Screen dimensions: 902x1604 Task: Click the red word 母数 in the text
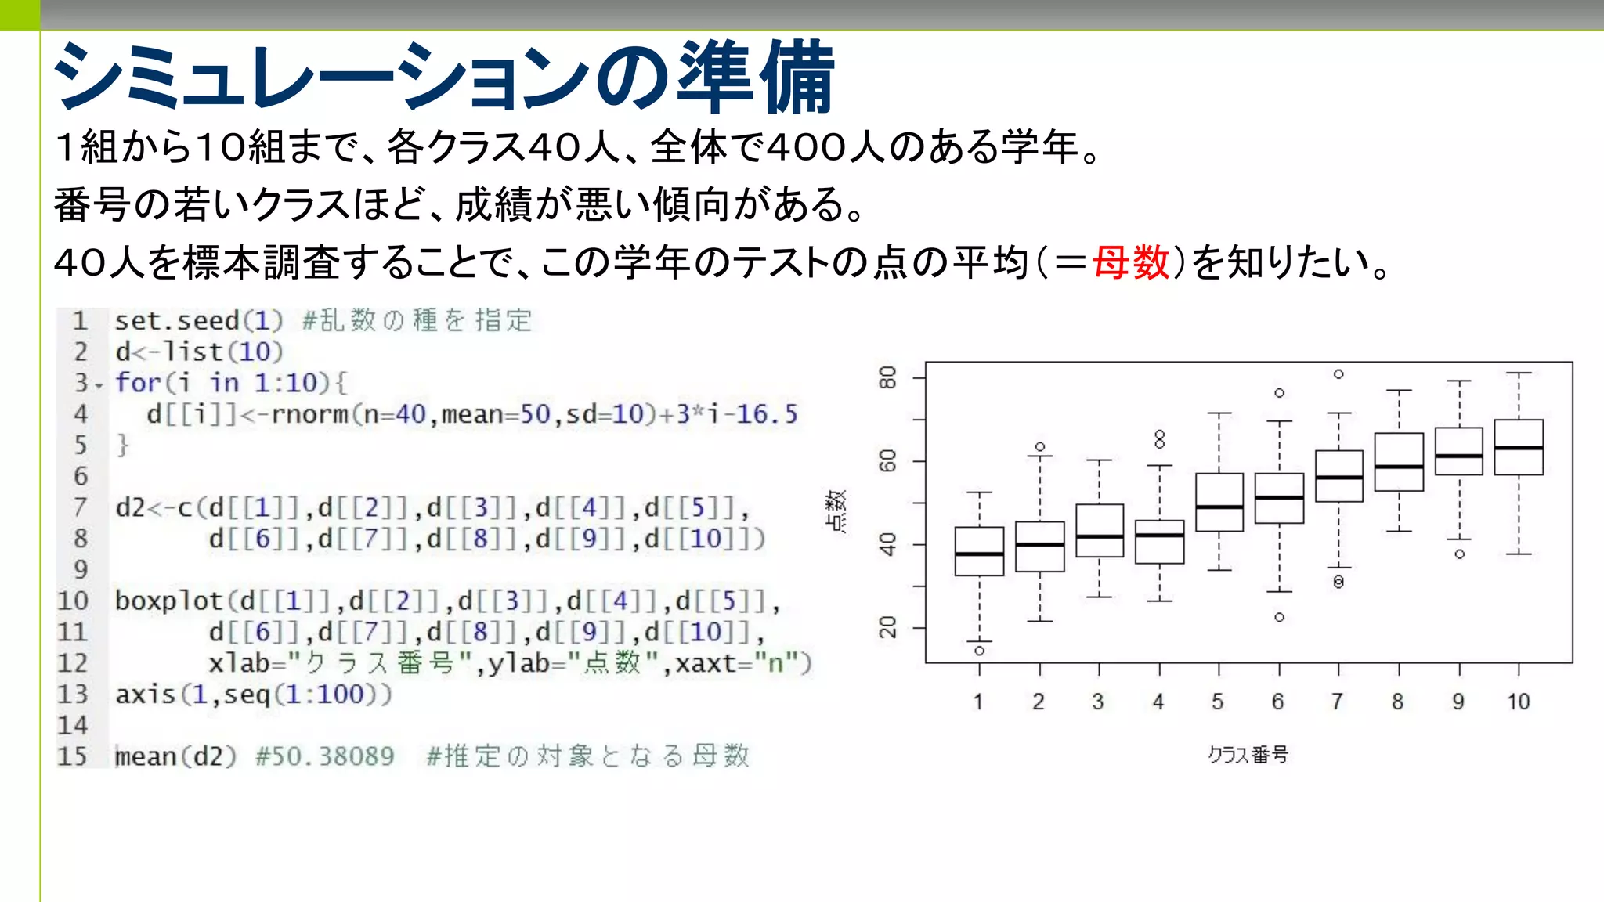pos(1131,262)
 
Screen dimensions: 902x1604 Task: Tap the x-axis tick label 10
pos(1518,702)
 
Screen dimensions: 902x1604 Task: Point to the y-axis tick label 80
pos(887,378)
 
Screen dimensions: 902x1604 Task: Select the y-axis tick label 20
pos(887,628)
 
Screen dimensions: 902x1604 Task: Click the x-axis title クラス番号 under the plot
pos(1248,755)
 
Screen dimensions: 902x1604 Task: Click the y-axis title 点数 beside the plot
pos(836,511)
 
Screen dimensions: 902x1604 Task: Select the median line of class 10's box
pos(1519,448)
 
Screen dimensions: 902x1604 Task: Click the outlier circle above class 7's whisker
pos(1338,374)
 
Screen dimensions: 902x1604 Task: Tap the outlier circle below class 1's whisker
pos(979,651)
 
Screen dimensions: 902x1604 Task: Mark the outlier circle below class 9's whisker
pos(1459,554)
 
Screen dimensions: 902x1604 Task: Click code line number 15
pos(72,756)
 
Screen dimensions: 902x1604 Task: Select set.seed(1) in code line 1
pos(199,321)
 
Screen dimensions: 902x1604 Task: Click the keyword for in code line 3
pos(138,383)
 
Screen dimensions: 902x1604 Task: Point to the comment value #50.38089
pos(325,756)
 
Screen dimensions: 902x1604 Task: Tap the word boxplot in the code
pos(168,601)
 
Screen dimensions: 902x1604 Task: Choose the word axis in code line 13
pos(145,695)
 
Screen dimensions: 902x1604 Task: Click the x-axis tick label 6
pos(1278,702)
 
